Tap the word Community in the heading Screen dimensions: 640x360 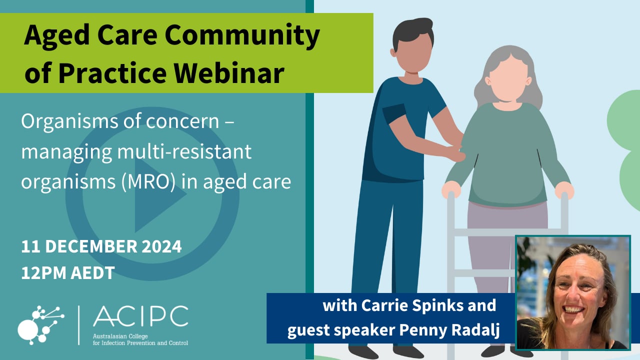pos(242,35)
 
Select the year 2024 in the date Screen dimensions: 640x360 pos(161,246)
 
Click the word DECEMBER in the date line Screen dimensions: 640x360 pos(91,246)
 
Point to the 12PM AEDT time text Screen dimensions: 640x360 pos(68,272)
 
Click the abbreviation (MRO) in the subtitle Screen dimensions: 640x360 pos(148,181)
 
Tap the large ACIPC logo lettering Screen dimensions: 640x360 pos(140,316)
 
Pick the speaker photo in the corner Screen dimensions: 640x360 pos(573,293)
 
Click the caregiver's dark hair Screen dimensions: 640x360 pos(412,32)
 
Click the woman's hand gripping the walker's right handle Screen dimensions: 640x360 pos(564,189)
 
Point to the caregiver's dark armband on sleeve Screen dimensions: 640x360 pos(394,113)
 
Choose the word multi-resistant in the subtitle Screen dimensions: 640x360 pos(184,151)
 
